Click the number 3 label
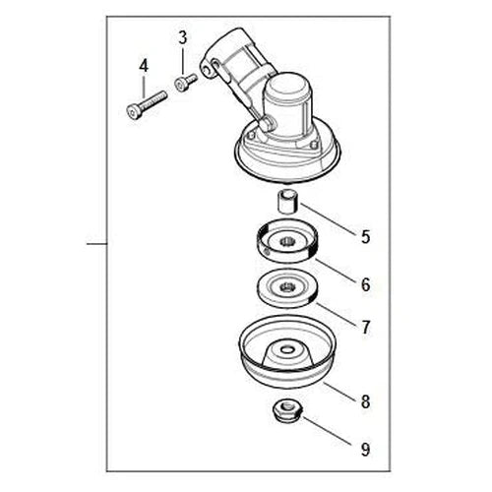[x=182, y=38]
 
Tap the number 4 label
[x=143, y=66]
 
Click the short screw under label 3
[x=182, y=85]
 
